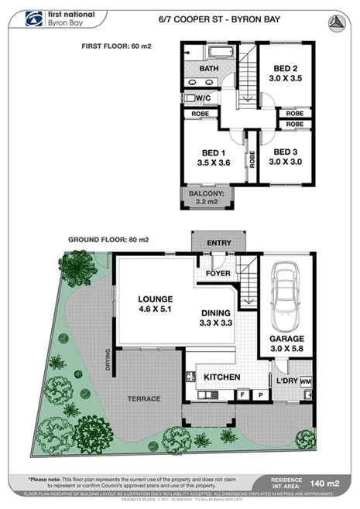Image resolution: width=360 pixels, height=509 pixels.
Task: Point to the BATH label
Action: (x=209, y=68)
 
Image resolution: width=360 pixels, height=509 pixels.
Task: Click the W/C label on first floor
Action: (x=204, y=98)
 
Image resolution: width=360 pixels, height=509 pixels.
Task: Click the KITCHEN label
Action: (x=221, y=377)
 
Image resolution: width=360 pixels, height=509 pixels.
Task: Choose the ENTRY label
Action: (x=219, y=243)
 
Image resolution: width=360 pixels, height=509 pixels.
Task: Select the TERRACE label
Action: (x=143, y=398)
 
